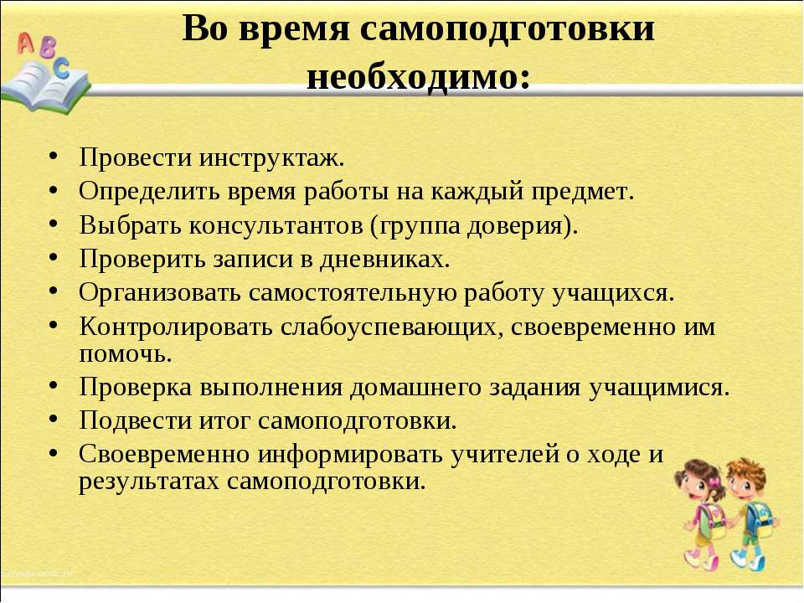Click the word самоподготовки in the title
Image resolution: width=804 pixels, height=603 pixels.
click(x=508, y=28)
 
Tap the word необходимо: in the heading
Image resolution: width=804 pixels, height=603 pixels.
click(x=418, y=78)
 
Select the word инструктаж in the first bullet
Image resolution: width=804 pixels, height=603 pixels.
click(x=271, y=158)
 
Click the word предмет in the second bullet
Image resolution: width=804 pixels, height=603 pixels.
click(x=583, y=192)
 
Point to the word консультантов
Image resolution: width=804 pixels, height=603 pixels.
click(x=276, y=225)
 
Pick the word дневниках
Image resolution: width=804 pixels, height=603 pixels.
click(x=385, y=259)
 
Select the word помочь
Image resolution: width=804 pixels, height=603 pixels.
click(x=125, y=353)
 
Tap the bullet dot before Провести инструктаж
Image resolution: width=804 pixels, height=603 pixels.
click(x=54, y=157)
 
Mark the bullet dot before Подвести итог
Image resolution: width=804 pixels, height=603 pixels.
click(x=54, y=419)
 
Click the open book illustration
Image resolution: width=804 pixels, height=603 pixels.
click(x=45, y=87)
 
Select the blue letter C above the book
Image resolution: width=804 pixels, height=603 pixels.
click(x=61, y=68)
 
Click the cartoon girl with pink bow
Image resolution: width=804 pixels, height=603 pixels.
click(x=703, y=513)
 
